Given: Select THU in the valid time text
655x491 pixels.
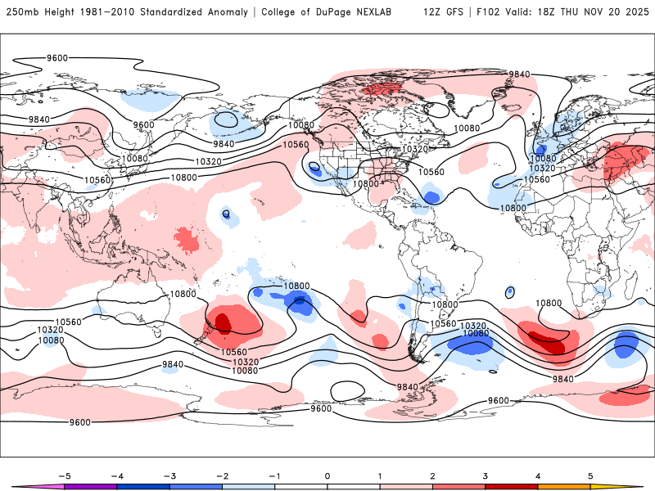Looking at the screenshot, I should [x=575, y=13].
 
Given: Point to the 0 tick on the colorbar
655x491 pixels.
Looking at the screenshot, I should [x=327, y=475].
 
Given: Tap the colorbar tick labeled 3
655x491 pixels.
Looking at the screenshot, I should [x=486, y=475].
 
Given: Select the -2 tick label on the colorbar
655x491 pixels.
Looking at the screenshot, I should [x=222, y=475].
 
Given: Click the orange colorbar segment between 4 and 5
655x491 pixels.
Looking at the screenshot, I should [x=564, y=487].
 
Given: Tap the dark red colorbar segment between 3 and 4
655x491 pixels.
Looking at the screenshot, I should [x=512, y=487].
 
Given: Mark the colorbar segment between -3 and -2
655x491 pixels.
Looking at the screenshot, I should [x=196, y=487].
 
